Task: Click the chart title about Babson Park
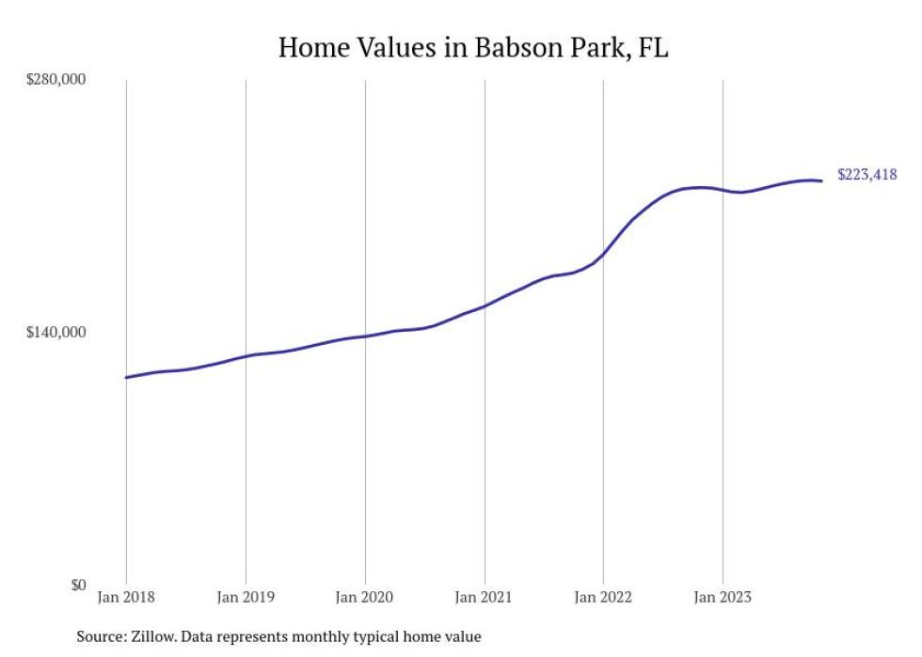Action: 473,48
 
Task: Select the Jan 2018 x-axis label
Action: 125,597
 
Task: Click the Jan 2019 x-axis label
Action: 245,597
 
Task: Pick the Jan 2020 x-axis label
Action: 364,597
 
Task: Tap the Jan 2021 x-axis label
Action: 484,597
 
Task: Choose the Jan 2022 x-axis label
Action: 603,597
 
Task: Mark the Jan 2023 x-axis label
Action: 723,597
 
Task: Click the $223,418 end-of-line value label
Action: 866,175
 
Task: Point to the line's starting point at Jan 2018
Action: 126,377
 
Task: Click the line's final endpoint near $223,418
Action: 822,180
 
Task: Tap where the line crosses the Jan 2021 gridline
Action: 485,305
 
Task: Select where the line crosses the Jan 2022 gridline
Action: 603,255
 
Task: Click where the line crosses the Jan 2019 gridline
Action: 246,355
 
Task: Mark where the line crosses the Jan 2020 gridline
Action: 365,336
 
